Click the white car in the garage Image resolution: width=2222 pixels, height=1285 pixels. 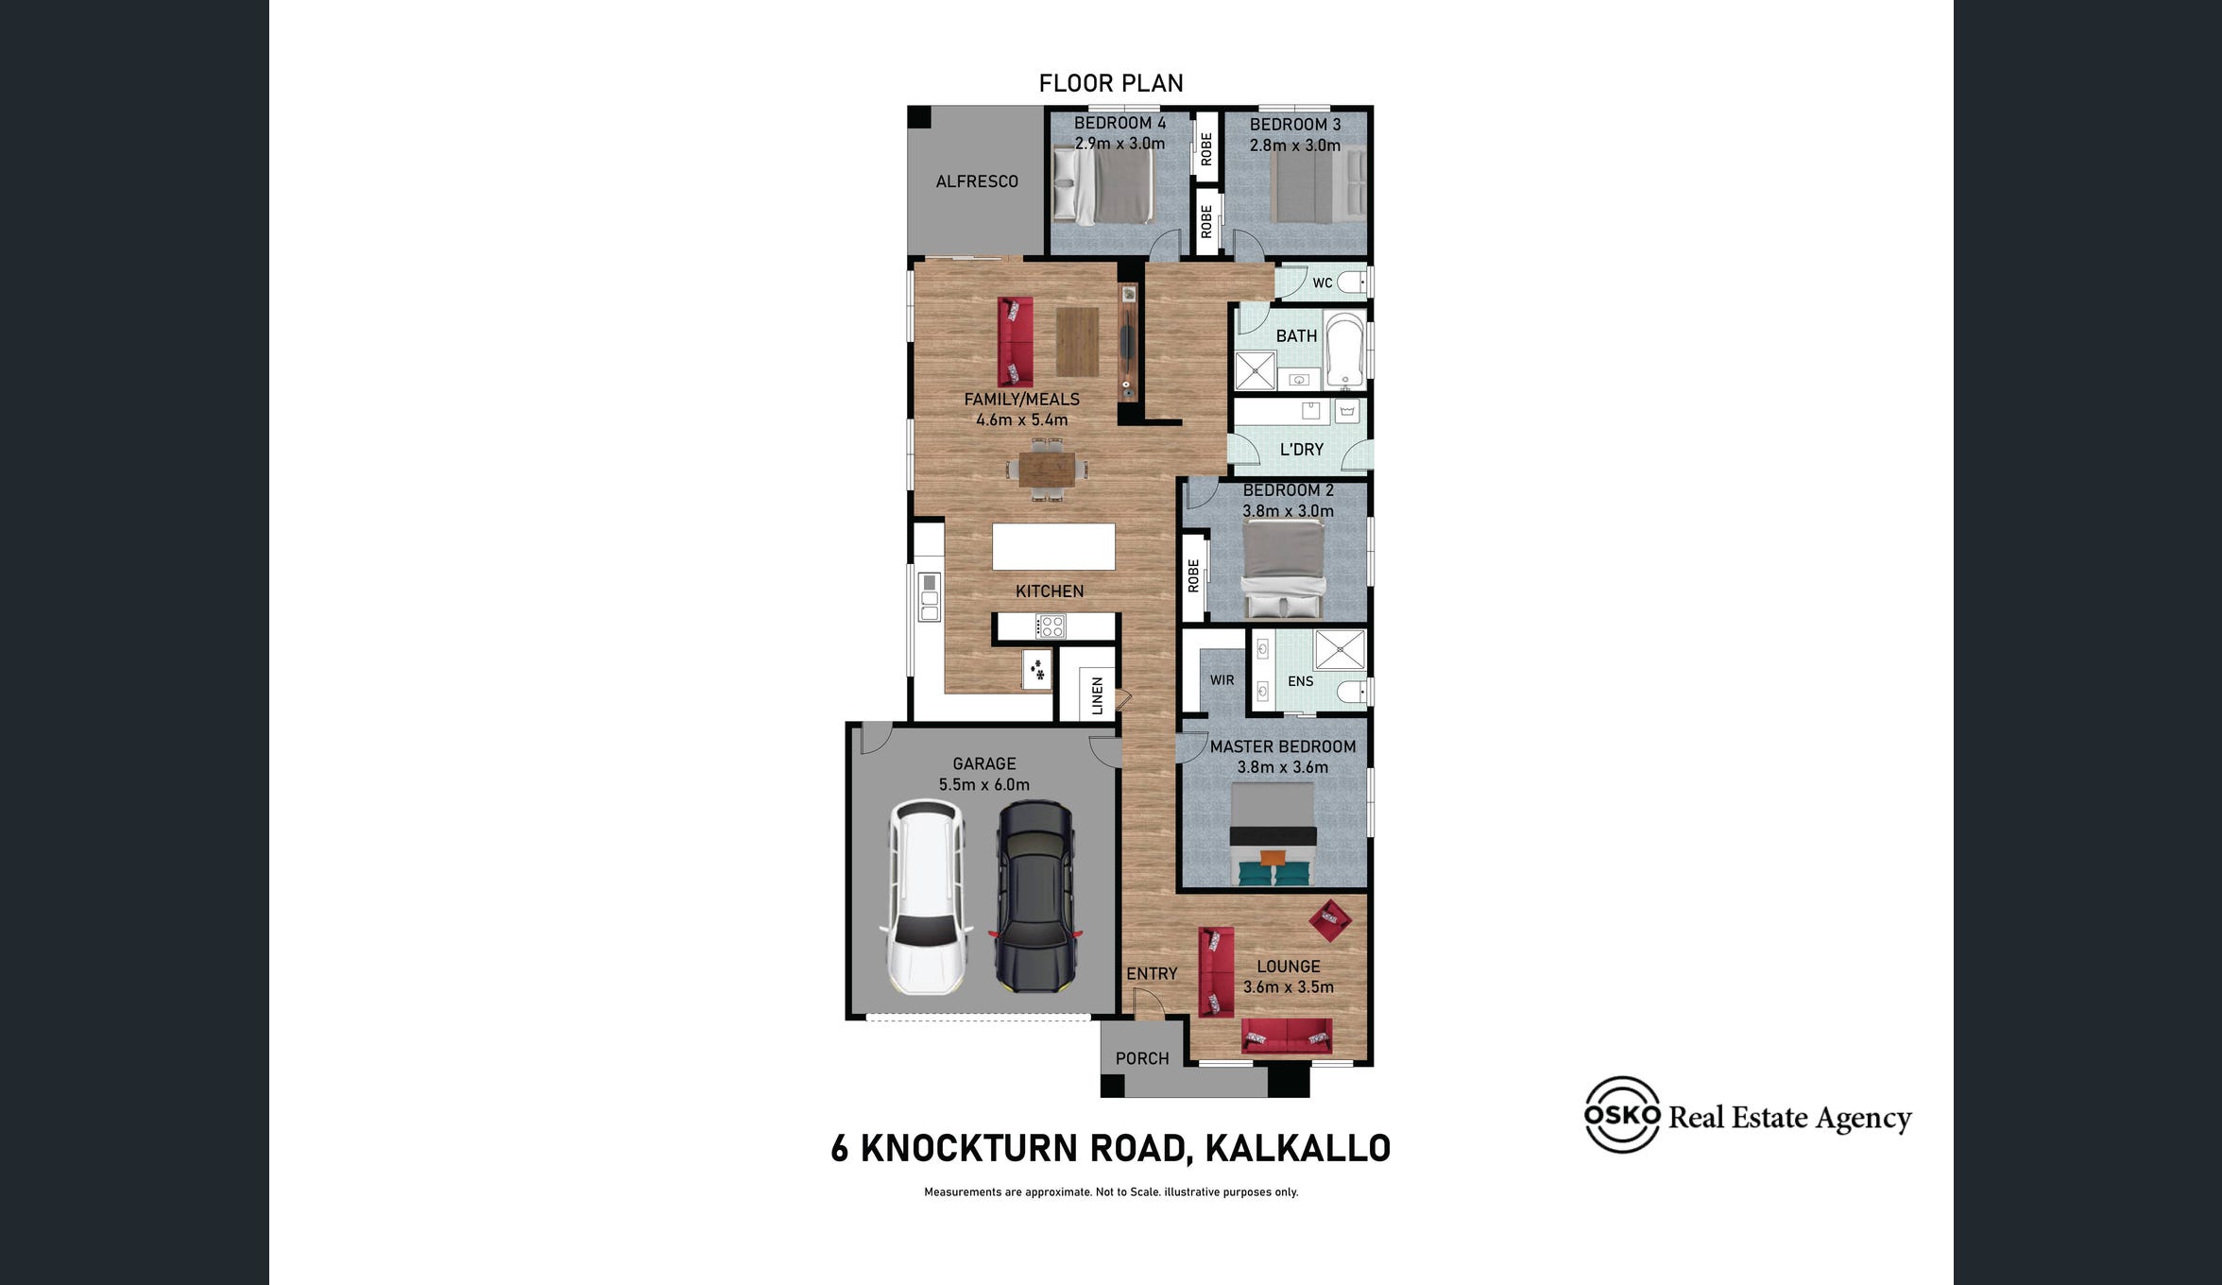(x=926, y=897)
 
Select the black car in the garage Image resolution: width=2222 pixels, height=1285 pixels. (x=1035, y=897)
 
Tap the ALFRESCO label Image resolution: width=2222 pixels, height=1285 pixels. (x=977, y=181)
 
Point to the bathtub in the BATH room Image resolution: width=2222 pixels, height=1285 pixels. (x=1344, y=349)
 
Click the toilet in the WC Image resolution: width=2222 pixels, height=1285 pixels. (x=1352, y=282)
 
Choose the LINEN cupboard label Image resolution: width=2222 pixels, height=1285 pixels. (x=1097, y=695)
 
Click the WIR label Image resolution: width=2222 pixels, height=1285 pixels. (x=1222, y=680)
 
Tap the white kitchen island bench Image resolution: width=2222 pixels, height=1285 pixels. (x=1053, y=546)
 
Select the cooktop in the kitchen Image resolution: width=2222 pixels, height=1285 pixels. (x=1051, y=625)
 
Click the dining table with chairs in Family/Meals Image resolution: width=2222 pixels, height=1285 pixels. (x=1047, y=468)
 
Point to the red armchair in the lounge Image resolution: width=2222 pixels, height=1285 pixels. (x=1330, y=919)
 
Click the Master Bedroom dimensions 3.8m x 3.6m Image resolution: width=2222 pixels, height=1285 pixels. (x=1283, y=767)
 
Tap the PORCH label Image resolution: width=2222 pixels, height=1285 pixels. (x=1142, y=1058)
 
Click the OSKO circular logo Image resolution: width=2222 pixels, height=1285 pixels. (x=1622, y=1115)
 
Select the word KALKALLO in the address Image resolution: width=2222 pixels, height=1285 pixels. (x=1298, y=1148)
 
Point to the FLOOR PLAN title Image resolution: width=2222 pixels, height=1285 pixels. (x=1111, y=83)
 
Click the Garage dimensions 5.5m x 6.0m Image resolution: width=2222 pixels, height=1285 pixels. (x=984, y=784)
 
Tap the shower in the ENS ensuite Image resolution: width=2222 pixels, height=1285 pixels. (x=1340, y=650)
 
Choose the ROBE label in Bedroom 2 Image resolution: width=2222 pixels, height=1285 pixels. (x=1193, y=575)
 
